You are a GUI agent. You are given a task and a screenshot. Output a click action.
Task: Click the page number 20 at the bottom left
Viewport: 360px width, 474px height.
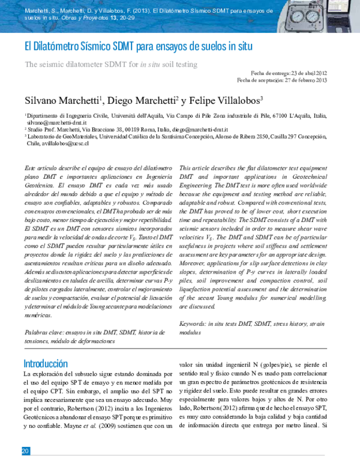25,451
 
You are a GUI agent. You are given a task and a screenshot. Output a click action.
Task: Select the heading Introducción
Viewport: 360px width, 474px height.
45,364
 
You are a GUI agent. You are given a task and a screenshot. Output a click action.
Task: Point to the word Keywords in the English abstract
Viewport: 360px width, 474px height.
193,323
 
